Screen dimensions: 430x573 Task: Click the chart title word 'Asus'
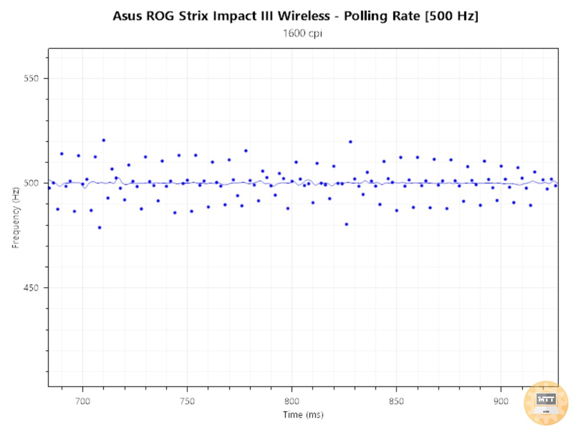(127, 16)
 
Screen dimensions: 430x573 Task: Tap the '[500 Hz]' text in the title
(452, 16)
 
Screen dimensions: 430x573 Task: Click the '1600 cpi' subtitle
(302, 33)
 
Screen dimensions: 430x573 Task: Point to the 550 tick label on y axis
(31, 78)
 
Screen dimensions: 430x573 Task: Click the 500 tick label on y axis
(31, 183)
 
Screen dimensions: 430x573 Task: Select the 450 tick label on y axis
(31, 288)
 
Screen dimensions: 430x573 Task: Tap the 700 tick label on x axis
(82, 401)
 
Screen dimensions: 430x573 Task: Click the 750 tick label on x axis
(187, 401)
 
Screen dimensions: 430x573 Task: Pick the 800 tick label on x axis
(291, 401)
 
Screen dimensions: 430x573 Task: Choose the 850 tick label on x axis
(396, 401)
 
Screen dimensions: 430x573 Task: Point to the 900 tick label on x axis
(500, 401)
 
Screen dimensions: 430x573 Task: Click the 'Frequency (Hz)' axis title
(16, 218)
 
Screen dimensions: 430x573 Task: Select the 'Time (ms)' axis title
(303, 415)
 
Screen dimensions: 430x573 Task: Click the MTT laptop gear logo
(546, 403)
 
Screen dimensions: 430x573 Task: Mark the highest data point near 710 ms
(103, 140)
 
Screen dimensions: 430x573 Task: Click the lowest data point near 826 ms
(346, 224)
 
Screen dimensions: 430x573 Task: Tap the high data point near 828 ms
(351, 142)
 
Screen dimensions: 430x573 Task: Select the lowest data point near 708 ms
(99, 228)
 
